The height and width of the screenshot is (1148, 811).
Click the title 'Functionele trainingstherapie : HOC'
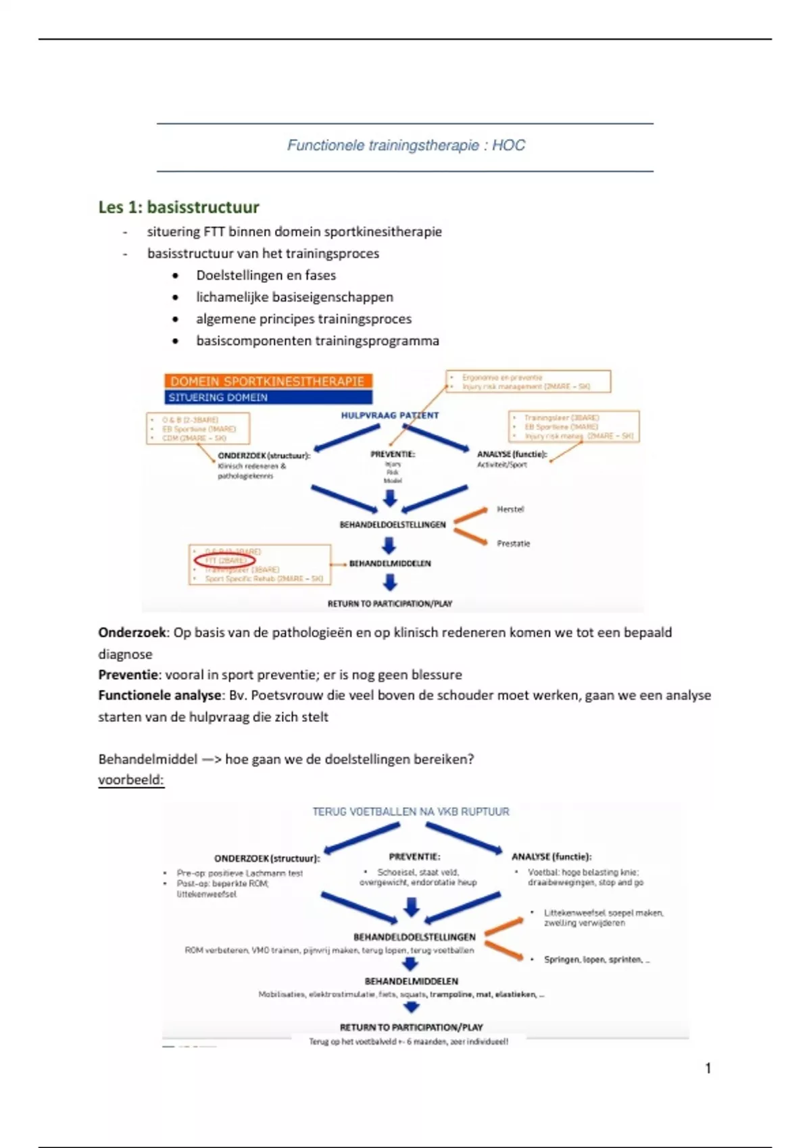tap(405, 145)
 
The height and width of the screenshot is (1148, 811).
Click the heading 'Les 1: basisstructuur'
tap(178, 207)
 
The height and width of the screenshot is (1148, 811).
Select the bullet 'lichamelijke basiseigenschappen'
tap(294, 297)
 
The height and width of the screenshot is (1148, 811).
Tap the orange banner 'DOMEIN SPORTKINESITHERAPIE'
tap(268, 381)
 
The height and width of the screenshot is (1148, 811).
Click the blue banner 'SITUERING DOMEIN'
tap(268, 397)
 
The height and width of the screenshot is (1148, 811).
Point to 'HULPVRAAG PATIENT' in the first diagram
tap(389, 415)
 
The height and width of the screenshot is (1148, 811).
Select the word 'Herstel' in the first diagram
tap(510, 509)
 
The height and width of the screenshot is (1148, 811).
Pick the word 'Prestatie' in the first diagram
tap(514, 543)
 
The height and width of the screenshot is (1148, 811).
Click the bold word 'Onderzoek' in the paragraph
tap(132, 633)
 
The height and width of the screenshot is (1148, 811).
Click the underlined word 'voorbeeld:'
tap(131, 780)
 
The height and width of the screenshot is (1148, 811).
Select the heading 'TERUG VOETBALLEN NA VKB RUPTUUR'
tap(410, 811)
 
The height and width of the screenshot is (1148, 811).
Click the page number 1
tap(708, 1068)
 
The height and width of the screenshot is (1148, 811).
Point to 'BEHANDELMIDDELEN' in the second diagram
tap(411, 981)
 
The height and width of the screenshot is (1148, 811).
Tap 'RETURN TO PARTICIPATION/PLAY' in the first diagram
tap(389, 603)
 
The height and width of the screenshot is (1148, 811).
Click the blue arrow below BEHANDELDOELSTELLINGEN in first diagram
tap(389, 545)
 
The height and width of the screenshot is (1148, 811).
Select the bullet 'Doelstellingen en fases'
tap(266, 276)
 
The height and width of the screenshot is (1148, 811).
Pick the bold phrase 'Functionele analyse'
tap(159, 696)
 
